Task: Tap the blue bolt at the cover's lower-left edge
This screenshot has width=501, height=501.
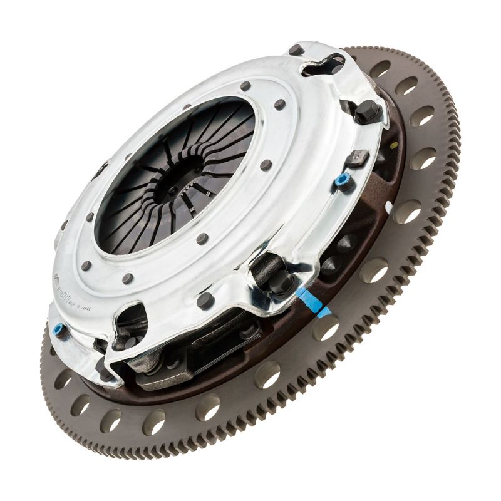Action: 59,330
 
